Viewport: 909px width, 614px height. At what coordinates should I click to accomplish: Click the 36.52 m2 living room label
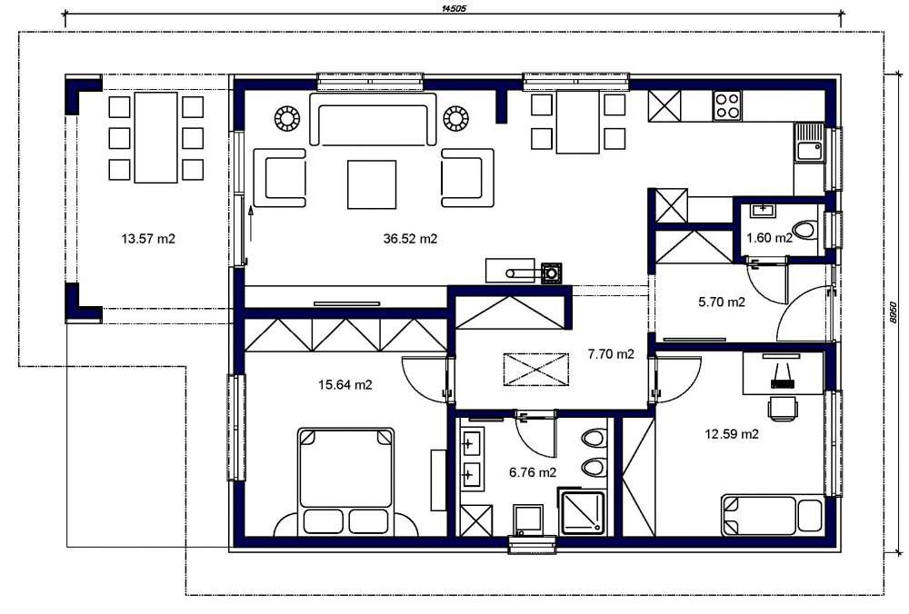click(x=410, y=239)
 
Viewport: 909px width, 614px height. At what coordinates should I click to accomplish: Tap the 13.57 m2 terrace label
click(x=148, y=239)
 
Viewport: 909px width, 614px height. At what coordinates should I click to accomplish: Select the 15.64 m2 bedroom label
click(x=345, y=384)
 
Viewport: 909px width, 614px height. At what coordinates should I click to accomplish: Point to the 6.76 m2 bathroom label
click(x=533, y=472)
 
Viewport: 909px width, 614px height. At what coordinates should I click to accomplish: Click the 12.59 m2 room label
click(x=732, y=434)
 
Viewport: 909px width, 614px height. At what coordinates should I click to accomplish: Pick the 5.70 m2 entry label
click(x=722, y=302)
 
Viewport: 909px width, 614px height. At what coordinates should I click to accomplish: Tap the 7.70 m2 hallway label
click(x=611, y=354)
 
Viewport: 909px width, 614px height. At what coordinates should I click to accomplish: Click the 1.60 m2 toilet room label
click(x=769, y=238)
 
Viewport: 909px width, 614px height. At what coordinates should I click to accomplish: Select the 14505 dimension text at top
click(x=454, y=9)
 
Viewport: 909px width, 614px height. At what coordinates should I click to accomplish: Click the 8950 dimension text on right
click(x=894, y=312)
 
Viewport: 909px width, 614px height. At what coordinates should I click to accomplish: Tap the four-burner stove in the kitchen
click(x=727, y=106)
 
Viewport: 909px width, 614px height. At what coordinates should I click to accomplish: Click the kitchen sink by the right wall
click(x=809, y=143)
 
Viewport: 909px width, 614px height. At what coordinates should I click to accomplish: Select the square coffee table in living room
click(x=372, y=184)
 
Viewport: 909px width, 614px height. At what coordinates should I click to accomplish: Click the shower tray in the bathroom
click(x=582, y=510)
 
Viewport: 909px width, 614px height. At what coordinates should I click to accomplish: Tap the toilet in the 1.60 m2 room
click(x=805, y=231)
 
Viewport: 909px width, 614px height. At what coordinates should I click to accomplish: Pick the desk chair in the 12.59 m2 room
click(x=784, y=407)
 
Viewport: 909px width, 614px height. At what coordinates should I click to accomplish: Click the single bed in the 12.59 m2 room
click(x=772, y=515)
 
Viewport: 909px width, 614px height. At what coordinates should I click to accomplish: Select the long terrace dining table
click(x=156, y=137)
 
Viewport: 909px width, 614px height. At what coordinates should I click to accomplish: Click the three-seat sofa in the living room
click(x=373, y=119)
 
